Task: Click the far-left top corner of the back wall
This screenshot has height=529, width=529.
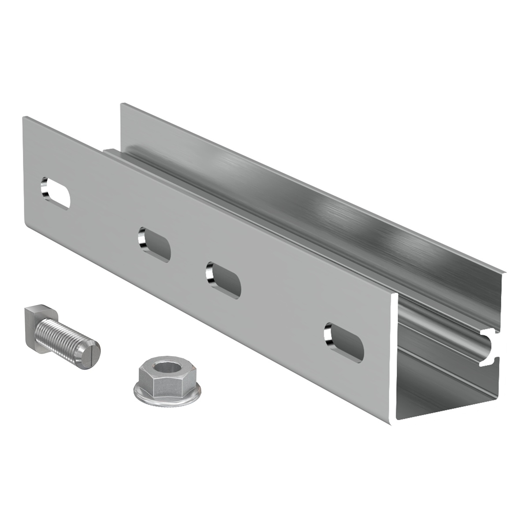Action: point(122,104)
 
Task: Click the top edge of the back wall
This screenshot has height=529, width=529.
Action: point(309,185)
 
